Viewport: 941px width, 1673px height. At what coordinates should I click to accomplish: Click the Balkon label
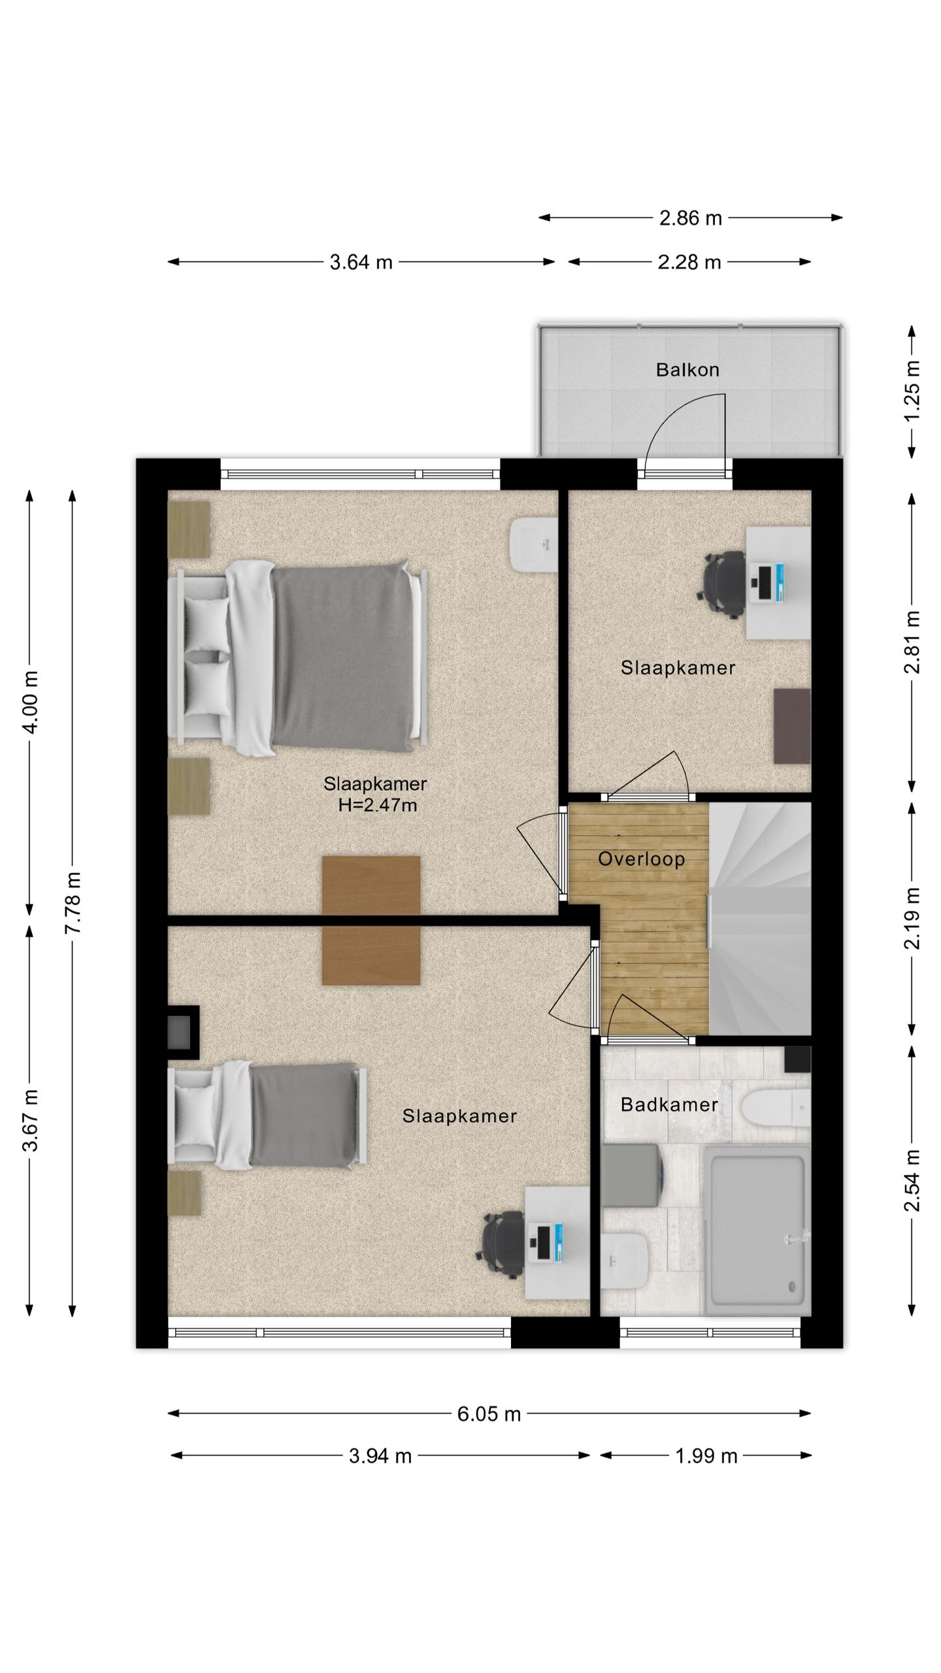click(687, 370)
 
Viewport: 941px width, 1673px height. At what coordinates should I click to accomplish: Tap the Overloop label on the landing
click(641, 859)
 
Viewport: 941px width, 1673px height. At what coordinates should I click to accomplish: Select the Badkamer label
click(669, 1104)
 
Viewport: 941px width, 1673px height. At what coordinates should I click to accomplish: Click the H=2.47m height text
click(378, 805)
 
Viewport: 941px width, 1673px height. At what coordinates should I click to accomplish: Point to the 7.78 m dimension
click(73, 903)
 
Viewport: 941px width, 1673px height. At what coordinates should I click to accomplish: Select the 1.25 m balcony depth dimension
click(912, 391)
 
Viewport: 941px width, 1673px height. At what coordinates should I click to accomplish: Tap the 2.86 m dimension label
click(691, 218)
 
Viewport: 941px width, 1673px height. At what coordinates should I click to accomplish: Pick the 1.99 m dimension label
click(706, 1456)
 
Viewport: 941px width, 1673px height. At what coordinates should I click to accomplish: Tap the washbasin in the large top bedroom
click(533, 544)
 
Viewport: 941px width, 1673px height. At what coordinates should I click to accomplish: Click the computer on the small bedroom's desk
click(769, 584)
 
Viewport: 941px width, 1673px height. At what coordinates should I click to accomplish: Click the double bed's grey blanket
click(343, 657)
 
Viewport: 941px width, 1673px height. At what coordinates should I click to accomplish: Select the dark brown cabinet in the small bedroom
click(792, 725)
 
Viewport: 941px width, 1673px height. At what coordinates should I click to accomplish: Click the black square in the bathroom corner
click(797, 1059)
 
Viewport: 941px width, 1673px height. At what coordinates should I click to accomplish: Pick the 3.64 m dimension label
click(361, 262)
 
